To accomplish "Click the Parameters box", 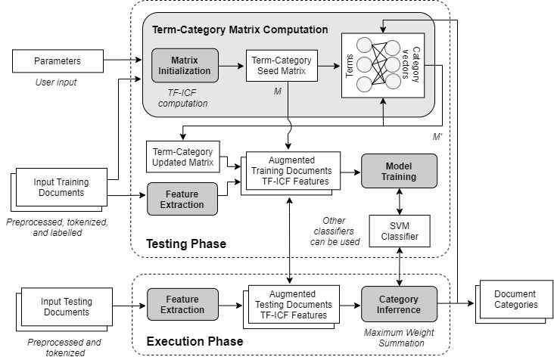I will [57, 61].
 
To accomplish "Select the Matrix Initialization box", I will [185, 66].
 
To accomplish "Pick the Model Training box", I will [399, 171].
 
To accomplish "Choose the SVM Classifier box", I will [399, 231].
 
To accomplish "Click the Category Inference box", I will [399, 304].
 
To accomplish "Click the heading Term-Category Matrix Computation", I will [240, 30].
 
